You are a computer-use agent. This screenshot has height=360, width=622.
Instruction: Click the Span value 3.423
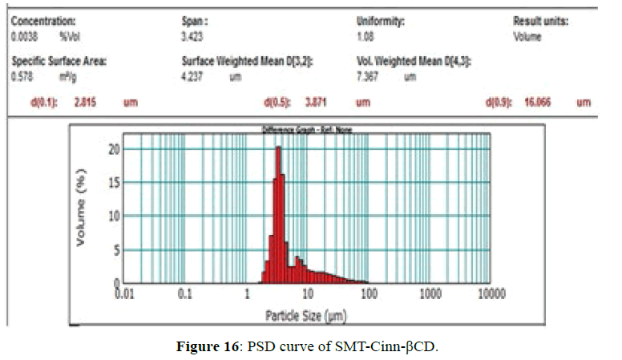tap(192, 37)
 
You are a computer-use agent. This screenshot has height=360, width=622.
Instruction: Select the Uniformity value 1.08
tap(365, 37)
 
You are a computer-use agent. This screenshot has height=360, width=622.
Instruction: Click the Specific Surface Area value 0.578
tap(22, 77)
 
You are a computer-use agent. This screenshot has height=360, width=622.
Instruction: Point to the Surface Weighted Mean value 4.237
tap(193, 77)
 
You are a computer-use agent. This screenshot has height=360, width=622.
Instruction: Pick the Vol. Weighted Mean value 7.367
tap(368, 77)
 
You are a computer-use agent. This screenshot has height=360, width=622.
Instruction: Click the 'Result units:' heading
tap(541, 22)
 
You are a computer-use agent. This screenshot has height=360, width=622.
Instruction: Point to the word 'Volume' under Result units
tap(527, 37)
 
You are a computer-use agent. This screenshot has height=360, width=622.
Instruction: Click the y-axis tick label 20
tap(115, 149)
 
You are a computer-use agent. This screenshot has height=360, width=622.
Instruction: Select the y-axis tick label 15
tap(115, 183)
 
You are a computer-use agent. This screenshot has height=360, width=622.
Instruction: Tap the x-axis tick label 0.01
tap(124, 294)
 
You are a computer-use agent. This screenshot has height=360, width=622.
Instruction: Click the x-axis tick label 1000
tap(431, 294)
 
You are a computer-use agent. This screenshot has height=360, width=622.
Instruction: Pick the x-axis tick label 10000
tap(491, 294)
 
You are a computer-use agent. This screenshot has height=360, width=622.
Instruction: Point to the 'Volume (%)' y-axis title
tap(81, 206)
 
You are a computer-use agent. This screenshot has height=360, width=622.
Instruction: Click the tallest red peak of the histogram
tap(278, 152)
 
